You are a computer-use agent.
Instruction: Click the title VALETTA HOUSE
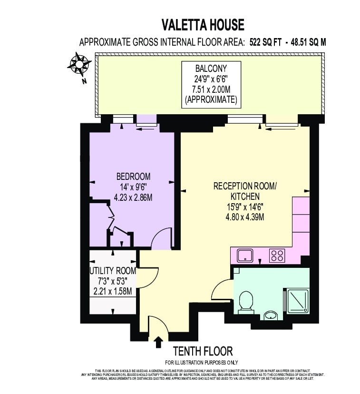pos(203,25)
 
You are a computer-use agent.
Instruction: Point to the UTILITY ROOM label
pos(113,271)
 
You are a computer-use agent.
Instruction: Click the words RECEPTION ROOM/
pos(245,186)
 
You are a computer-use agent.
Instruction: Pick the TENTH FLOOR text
pos(203,351)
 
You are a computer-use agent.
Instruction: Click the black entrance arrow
pos(159,340)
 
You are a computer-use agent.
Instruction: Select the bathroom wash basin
pos(271,315)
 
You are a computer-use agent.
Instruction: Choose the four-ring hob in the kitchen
pos(277,256)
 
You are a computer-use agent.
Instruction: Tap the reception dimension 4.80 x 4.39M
pos(245,217)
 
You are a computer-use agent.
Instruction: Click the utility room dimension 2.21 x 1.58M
pos(113,291)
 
